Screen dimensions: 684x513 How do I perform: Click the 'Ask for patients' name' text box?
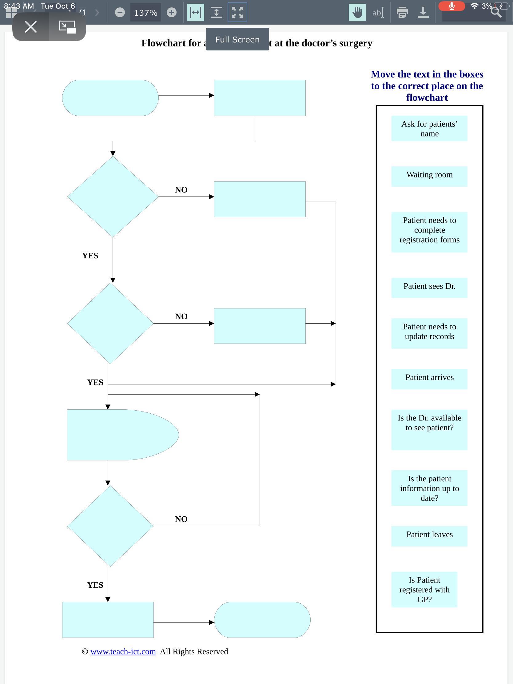(x=429, y=129)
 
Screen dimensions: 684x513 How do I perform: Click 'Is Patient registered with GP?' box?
(x=424, y=589)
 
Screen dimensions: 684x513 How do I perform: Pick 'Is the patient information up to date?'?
(x=429, y=488)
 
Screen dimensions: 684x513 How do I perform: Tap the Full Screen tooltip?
(x=237, y=39)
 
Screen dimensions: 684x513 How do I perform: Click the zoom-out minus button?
(x=120, y=12)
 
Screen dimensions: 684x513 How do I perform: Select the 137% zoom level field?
(x=146, y=13)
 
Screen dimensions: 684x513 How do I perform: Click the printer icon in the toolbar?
(x=402, y=12)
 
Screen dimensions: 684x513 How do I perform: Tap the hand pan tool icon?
(x=357, y=12)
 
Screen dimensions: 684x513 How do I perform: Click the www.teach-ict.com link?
(x=123, y=651)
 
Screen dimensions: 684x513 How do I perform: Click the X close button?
(x=31, y=26)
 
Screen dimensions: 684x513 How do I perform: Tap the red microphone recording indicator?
(x=451, y=6)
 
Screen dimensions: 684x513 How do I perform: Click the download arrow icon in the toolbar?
(x=423, y=12)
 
